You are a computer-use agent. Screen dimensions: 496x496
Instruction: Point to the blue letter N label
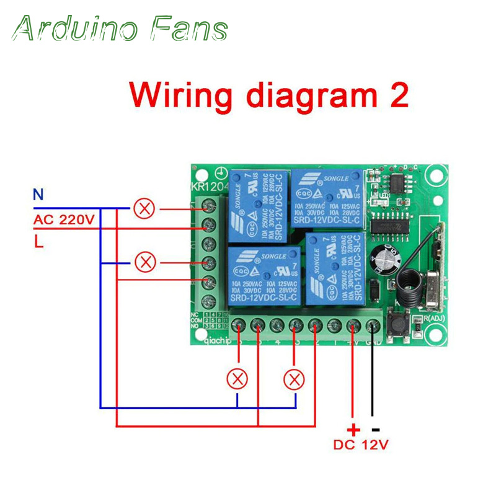click(x=38, y=195)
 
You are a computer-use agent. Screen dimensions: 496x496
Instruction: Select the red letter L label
click(x=38, y=242)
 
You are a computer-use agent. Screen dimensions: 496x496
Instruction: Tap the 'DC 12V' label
click(x=361, y=445)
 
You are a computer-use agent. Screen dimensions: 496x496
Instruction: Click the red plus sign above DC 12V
click(x=353, y=428)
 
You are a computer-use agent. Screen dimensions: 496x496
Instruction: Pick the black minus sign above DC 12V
click(x=374, y=428)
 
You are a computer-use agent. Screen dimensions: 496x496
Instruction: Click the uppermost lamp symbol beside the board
click(x=144, y=209)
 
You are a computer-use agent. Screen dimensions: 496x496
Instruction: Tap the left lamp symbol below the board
click(x=237, y=378)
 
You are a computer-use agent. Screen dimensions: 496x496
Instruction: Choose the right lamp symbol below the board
click(x=294, y=378)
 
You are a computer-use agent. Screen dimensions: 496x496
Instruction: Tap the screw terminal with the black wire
click(x=373, y=324)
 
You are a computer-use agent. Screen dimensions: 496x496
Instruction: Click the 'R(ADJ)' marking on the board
click(x=429, y=319)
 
